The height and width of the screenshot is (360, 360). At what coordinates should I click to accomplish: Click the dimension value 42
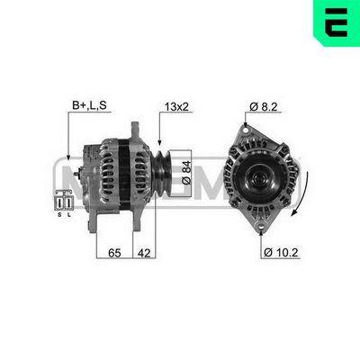pyautogui.click(x=144, y=255)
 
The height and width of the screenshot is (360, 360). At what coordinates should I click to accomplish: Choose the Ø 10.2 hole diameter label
pyautogui.click(x=280, y=253)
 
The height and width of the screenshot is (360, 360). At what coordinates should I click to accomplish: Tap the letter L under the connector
pyautogui.click(x=70, y=215)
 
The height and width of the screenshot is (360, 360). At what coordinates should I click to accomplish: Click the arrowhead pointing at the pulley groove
pyautogui.click(x=158, y=144)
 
